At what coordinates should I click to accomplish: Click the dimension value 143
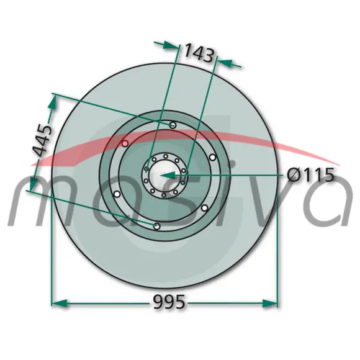(x=199, y=53)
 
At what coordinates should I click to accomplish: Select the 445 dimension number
(x=42, y=140)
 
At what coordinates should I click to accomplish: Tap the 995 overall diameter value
(x=169, y=302)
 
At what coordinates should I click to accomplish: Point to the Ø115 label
(x=310, y=175)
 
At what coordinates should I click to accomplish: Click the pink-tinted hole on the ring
(x=125, y=144)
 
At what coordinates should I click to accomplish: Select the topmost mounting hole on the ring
(x=173, y=125)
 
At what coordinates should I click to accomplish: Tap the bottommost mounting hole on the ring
(x=156, y=227)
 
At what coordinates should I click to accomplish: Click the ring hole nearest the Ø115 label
(x=213, y=158)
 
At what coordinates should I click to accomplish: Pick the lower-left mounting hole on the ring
(x=117, y=194)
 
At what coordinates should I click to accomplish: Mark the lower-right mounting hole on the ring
(x=205, y=208)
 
